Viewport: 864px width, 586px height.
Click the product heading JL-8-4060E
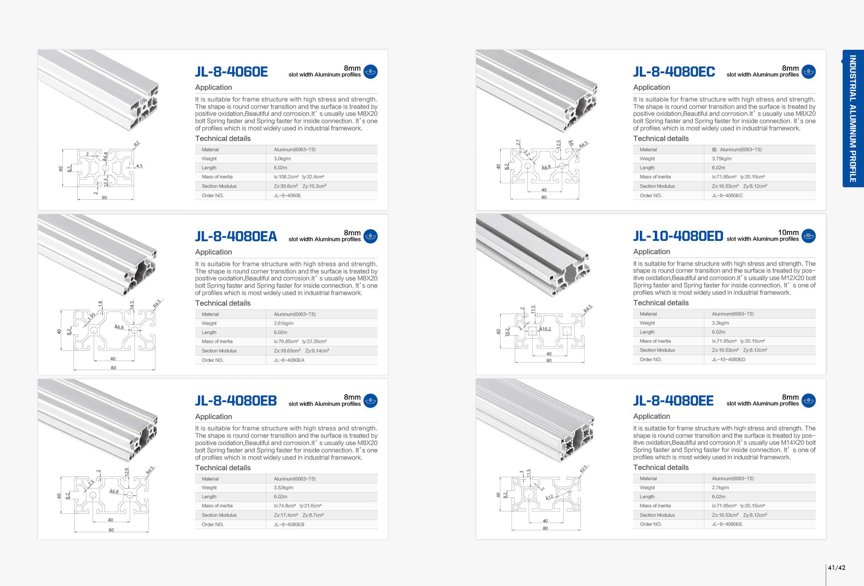231,72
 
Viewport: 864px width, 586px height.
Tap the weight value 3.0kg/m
282,159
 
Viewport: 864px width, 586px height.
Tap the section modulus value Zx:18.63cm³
287,351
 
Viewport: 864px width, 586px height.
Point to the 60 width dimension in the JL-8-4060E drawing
104,197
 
